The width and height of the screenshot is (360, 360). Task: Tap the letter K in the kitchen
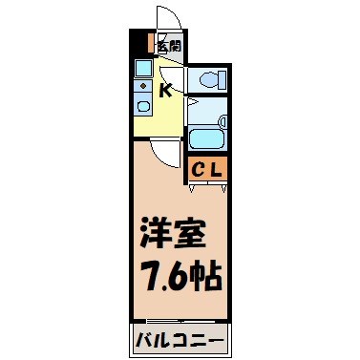(165, 91)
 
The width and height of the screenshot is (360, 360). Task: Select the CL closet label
(207, 170)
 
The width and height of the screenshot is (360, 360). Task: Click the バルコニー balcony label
(179, 340)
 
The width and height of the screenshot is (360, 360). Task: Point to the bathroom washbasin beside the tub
(222, 122)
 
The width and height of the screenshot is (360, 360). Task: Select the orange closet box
(207, 170)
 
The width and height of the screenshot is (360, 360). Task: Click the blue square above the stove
(141, 86)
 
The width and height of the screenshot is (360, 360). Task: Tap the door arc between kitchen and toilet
(175, 76)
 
